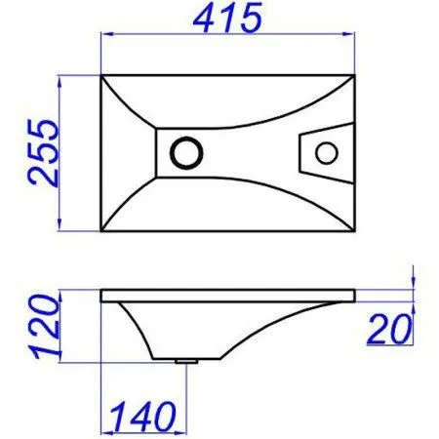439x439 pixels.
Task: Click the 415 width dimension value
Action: click(x=230, y=19)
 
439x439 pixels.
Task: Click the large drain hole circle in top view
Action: click(x=184, y=152)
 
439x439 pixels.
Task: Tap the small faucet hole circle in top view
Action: click(x=328, y=152)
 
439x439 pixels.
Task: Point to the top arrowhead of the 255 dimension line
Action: click(x=63, y=77)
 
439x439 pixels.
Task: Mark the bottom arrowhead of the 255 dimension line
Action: click(x=63, y=229)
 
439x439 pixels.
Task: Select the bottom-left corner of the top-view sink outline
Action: click(x=101, y=232)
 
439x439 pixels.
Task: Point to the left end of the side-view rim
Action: click(x=102, y=293)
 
